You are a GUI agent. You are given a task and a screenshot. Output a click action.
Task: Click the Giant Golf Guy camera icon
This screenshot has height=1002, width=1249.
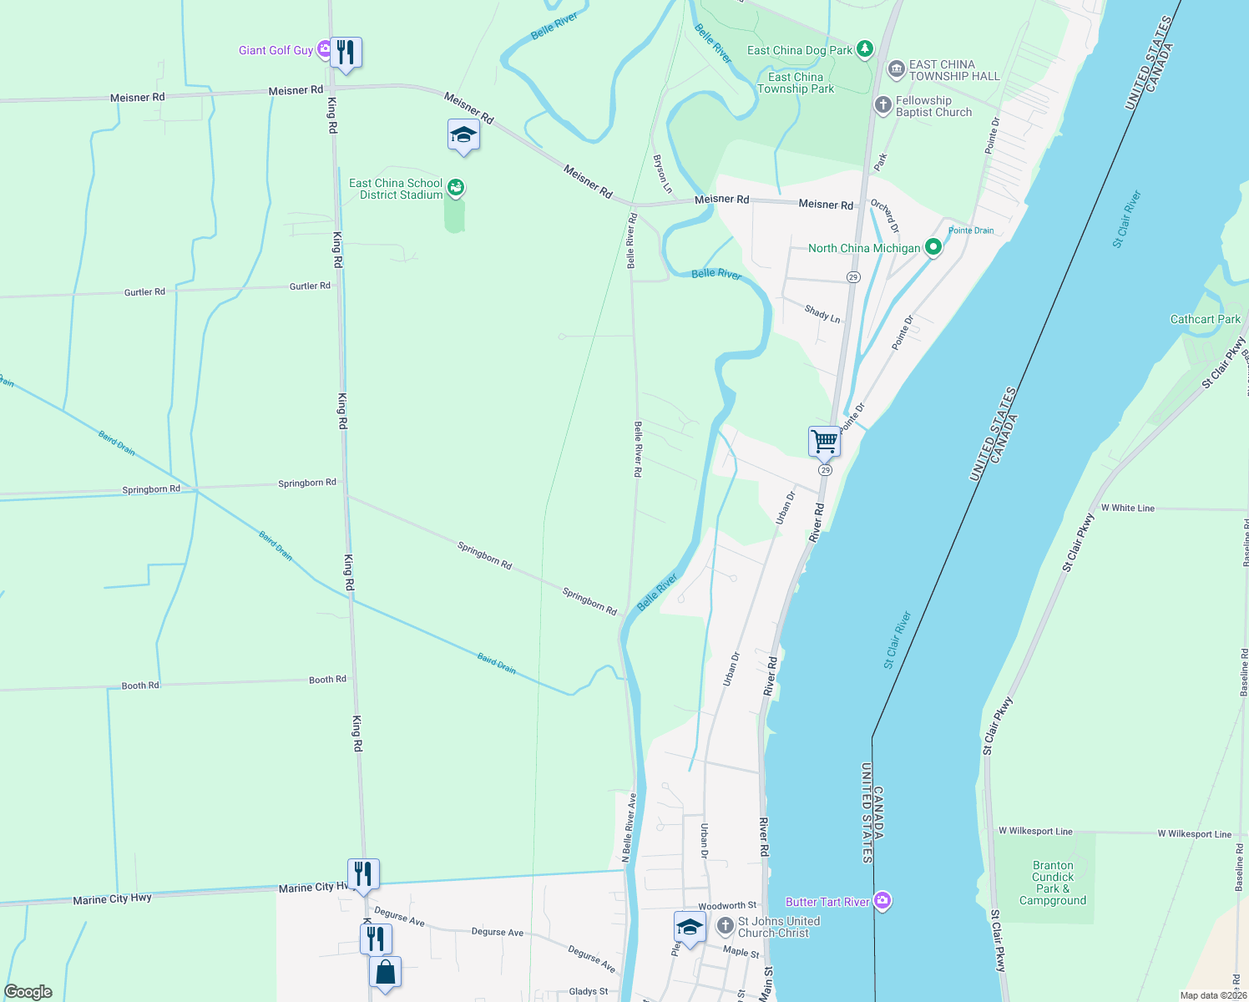point(324,50)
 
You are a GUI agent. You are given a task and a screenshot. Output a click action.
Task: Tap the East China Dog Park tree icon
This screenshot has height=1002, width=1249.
point(865,50)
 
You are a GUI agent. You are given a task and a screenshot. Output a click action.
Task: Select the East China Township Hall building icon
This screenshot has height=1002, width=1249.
point(896,69)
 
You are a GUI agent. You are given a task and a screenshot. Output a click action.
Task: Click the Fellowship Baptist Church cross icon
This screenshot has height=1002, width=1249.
point(882,105)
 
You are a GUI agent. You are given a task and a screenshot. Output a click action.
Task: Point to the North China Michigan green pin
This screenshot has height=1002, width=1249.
point(933,248)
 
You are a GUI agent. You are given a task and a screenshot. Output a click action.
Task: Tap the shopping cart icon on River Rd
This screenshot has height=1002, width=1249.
point(824,441)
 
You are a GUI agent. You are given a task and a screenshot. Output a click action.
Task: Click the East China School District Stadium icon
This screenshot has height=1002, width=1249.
point(456,188)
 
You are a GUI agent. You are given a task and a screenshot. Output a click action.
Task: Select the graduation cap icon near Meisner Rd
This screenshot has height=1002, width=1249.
point(463,134)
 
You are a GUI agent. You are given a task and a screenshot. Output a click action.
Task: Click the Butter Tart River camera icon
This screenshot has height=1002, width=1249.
point(882,901)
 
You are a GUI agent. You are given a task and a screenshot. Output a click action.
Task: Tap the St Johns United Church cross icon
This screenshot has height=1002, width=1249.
point(726,926)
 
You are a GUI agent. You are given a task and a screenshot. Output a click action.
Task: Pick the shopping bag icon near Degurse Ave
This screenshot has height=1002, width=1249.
point(385,972)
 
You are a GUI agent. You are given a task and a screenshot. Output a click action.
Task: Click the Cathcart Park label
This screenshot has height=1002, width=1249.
point(1205,319)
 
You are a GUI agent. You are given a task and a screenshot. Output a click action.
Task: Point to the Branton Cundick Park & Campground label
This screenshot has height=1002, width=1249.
point(1052,883)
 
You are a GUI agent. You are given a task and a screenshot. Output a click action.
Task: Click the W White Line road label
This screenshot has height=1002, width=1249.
point(1127,508)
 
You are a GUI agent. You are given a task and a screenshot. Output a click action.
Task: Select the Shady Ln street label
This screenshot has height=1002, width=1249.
point(822,314)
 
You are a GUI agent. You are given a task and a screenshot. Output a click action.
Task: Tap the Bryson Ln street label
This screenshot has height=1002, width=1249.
point(662,174)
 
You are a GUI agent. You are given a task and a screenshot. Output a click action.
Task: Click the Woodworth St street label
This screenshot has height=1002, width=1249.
point(727,905)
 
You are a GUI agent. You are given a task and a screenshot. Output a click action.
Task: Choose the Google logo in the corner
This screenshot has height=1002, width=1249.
point(28,991)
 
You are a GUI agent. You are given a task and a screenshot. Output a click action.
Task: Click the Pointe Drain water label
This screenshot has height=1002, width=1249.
point(971,230)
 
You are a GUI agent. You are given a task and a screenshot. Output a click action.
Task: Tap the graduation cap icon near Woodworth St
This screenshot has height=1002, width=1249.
point(690,927)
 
